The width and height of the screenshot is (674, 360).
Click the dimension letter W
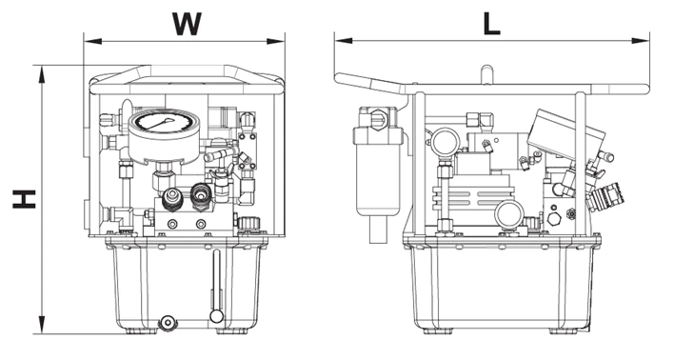tap(187, 24)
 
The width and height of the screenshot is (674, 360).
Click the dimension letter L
tap(491, 24)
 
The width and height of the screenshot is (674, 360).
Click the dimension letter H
tap(24, 199)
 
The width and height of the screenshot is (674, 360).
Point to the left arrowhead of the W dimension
tap(92, 41)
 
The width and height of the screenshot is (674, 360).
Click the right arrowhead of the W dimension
tap(275, 41)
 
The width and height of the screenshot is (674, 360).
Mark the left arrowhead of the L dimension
tap(344, 41)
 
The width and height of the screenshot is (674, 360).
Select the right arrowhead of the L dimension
tap(641, 41)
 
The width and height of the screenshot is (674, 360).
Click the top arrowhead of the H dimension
tap(42, 74)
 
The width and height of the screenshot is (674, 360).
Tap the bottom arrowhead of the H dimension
tap(42, 325)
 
